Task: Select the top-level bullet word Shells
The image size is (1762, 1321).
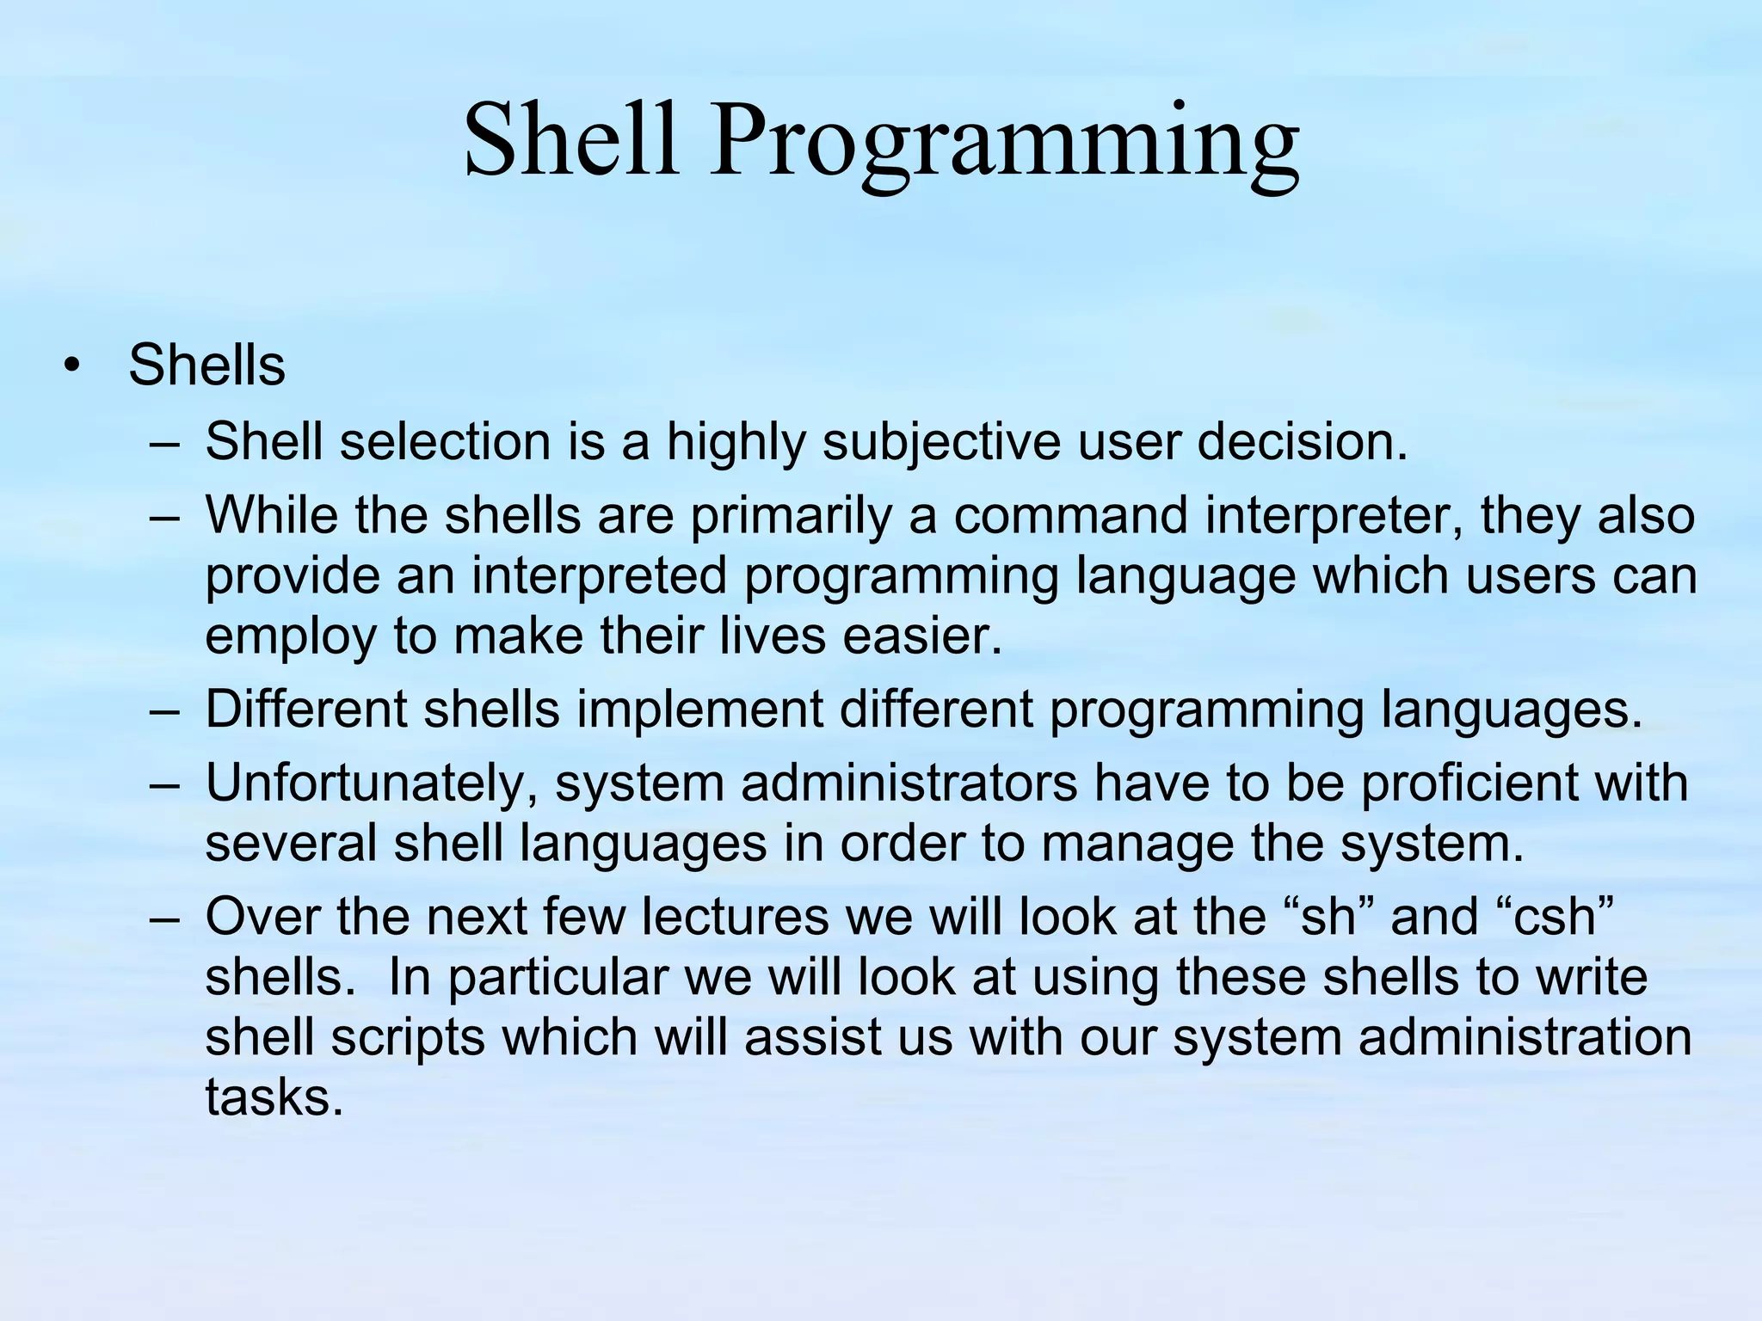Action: [x=206, y=366]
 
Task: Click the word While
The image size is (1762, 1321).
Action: [x=271, y=516]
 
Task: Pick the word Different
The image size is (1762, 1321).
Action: [x=305, y=710]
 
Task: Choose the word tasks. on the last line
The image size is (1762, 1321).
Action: [x=274, y=1098]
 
